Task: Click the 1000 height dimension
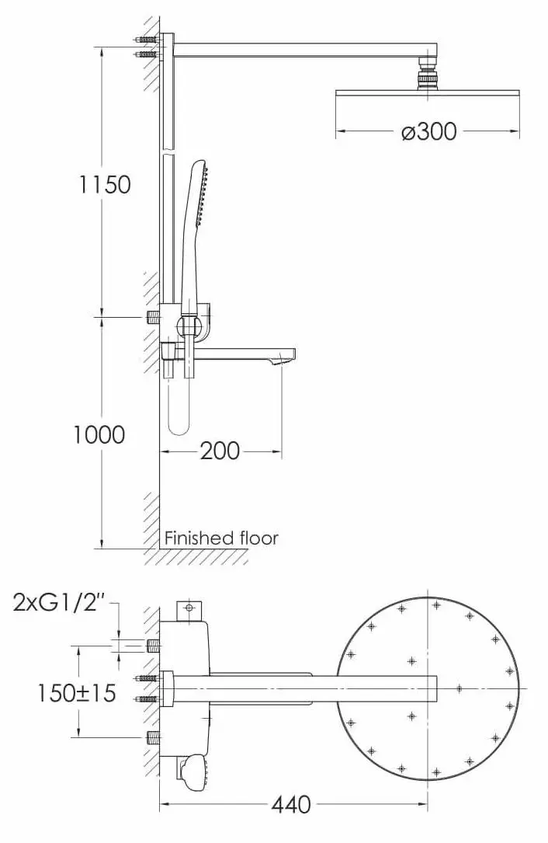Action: [x=99, y=434]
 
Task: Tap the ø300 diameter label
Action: [x=428, y=131]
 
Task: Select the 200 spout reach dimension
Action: [x=220, y=451]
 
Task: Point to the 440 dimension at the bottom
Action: [x=290, y=805]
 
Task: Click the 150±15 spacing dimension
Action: [x=76, y=692]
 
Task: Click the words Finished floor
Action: [x=221, y=538]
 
